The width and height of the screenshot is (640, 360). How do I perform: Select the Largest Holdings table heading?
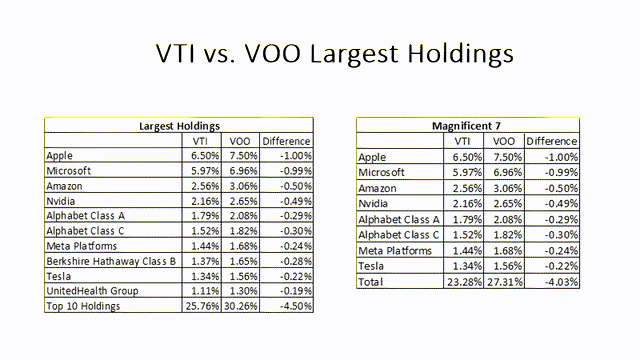pyautogui.click(x=179, y=127)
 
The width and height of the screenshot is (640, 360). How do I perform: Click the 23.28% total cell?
pyautogui.click(x=462, y=283)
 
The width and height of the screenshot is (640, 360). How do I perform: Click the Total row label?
pyautogui.click(x=371, y=283)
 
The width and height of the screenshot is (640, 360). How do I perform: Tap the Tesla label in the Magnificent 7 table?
pyautogui.click(x=372, y=267)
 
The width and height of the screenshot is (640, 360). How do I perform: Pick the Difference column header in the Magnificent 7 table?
pyautogui.click(x=551, y=142)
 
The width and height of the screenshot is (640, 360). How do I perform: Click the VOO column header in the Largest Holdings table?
pyautogui.click(x=239, y=141)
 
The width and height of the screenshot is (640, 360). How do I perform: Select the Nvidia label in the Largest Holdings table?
pyautogui.click(x=63, y=201)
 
